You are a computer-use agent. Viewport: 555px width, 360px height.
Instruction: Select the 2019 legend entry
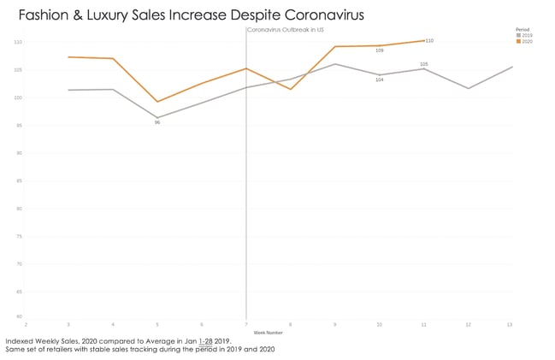524,35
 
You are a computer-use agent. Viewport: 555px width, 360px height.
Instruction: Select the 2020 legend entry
524,41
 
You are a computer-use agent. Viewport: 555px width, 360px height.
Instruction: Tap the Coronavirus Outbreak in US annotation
285,30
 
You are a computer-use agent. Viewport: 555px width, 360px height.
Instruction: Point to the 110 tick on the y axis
18,42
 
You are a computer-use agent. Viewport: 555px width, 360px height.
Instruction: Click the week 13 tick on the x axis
510,324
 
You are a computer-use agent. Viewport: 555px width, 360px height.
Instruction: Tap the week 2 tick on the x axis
27,324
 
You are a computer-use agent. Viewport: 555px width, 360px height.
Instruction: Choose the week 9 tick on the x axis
334,324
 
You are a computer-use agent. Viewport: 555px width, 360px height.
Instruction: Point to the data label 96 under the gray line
157,122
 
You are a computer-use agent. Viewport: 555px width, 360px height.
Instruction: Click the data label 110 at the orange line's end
429,40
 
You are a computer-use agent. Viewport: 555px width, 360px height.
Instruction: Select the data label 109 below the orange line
379,50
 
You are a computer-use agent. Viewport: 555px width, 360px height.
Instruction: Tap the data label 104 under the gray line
379,80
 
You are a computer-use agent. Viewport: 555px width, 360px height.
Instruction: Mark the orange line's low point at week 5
157,102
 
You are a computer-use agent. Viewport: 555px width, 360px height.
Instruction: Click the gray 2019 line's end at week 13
511,67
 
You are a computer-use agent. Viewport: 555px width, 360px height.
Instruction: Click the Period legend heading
523,29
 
